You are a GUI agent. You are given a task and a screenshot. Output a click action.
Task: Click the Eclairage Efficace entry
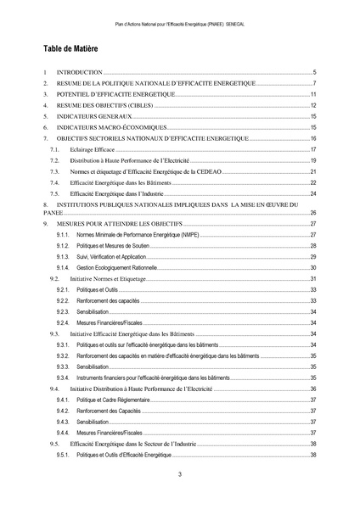[93, 148]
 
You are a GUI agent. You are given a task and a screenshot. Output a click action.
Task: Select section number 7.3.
[54, 171]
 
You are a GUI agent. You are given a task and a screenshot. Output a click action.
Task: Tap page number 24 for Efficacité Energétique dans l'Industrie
[312, 193]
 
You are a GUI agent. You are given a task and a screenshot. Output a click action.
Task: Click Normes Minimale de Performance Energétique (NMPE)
[127, 233]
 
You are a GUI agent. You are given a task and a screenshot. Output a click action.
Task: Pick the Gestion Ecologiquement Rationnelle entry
[115, 267]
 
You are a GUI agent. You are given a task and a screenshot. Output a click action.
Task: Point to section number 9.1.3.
[63, 256]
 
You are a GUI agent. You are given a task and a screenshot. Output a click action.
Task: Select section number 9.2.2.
[63, 301]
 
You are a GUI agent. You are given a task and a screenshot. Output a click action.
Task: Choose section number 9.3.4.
[63, 377]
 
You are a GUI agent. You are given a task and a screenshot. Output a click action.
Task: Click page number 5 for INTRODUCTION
[314, 73]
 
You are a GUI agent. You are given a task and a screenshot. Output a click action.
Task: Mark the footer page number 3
[180, 474]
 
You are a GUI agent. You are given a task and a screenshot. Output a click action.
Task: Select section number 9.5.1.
[63, 456]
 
